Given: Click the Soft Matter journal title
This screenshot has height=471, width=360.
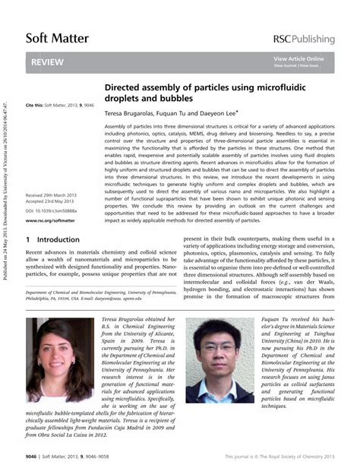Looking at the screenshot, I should tap(57, 37).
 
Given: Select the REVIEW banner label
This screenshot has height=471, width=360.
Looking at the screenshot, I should tap(47, 62).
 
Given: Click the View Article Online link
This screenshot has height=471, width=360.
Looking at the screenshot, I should tap(299, 58).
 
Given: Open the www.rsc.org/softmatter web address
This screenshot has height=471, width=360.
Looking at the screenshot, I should tap(50, 221).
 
